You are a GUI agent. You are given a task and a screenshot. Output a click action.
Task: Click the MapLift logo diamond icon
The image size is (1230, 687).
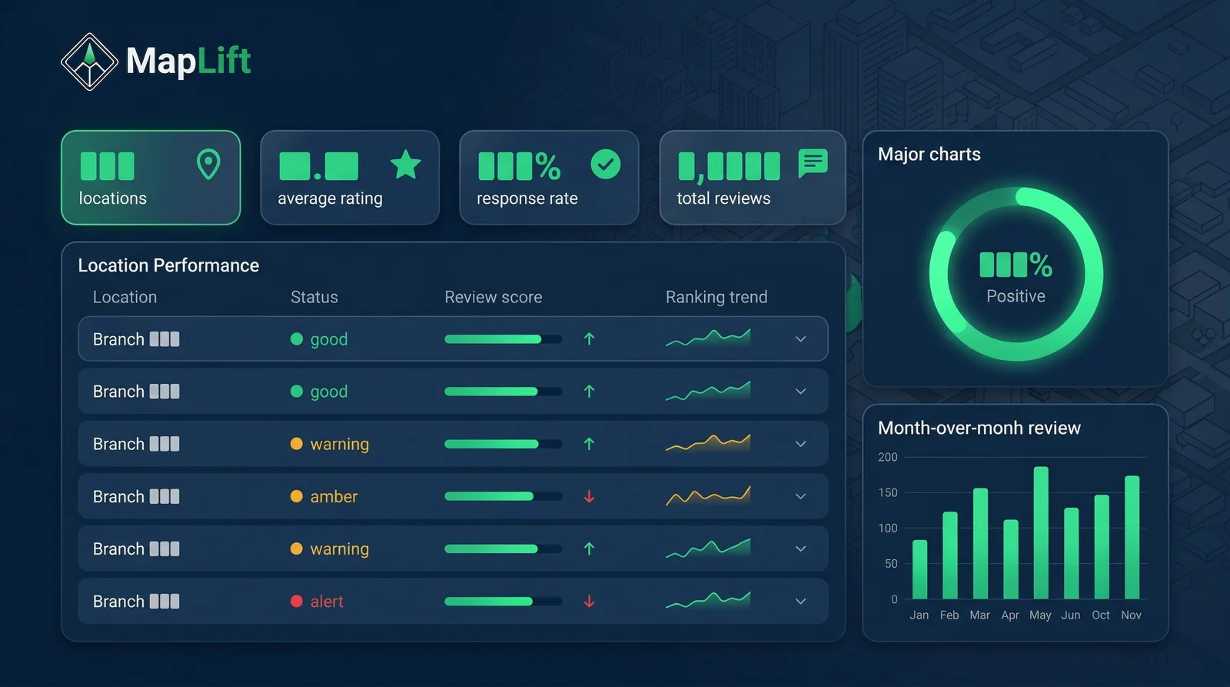coord(89,62)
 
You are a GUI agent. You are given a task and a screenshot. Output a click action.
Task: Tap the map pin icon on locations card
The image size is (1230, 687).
coord(208,164)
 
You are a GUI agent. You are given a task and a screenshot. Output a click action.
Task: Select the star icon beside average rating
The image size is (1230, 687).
coord(405,164)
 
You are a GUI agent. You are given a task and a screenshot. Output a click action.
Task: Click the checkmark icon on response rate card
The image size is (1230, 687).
coord(605,164)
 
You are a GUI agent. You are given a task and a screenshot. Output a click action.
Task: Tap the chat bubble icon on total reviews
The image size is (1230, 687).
coord(813,163)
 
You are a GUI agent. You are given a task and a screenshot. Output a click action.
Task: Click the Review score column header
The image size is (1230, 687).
coord(493,297)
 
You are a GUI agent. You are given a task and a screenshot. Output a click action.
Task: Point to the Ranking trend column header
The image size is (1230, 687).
coord(716,297)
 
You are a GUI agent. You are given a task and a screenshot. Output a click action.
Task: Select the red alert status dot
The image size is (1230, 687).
coord(296,602)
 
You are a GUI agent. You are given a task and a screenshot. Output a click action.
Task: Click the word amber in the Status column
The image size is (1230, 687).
coord(334,497)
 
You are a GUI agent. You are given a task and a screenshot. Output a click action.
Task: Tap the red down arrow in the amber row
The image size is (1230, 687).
coord(589,497)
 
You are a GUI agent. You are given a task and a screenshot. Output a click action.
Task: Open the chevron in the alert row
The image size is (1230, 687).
coord(800,602)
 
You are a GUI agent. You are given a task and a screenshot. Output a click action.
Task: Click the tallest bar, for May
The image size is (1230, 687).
coord(1040,532)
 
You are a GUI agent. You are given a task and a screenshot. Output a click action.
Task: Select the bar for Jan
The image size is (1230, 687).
coord(919,569)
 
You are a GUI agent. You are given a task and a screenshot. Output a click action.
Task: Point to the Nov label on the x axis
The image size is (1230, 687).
coord(1131,615)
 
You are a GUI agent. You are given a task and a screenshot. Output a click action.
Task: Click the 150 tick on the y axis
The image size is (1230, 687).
coord(887,492)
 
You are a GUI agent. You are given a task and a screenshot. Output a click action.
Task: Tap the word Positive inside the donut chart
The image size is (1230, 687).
coord(1016,296)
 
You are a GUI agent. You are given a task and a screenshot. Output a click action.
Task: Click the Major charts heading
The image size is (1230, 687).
coord(929,154)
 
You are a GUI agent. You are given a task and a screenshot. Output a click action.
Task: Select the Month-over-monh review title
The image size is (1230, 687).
coord(979,428)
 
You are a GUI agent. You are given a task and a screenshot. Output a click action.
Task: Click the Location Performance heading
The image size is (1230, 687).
coord(168,265)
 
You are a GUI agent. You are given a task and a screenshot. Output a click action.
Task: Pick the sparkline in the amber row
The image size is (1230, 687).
coord(707,496)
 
